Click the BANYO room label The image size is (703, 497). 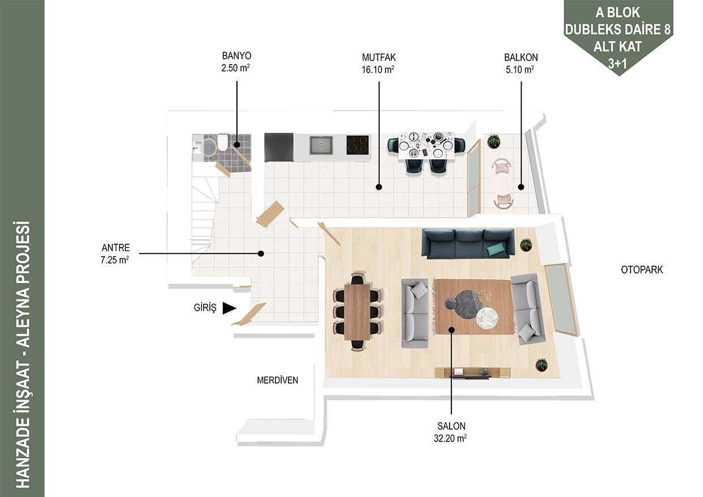tap(236, 56)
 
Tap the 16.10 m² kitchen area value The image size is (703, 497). tap(378, 69)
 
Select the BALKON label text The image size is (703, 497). tap(521, 57)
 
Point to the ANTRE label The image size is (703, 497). tap(116, 248)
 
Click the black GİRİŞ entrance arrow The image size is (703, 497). tap(229, 308)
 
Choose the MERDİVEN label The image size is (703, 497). tap(277, 380)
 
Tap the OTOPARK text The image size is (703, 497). tap(642, 270)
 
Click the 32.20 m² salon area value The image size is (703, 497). tap(450, 438)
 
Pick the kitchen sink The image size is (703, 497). tap(321, 145)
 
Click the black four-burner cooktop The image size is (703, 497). tap(358, 145)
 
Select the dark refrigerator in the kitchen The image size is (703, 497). tap(279, 147)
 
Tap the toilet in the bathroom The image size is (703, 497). tap(222, 142)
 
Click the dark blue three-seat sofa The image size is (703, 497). tap(468, 244)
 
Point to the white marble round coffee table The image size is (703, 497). tap(487, 319)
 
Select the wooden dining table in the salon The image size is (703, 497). tap(357, 312)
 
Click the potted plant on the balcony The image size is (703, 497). tap(494, 141)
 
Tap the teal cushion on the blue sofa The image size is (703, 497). tap(497, 249)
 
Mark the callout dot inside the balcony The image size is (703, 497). tap(521, 188)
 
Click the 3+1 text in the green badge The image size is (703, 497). tap(617, 63)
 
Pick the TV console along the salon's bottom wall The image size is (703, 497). tap(472, 372)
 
